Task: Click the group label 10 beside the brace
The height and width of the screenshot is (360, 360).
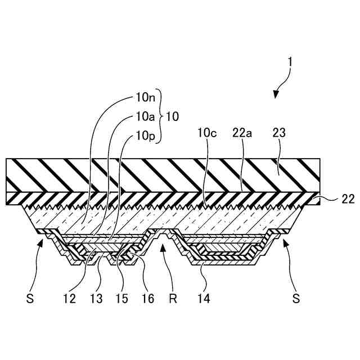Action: coord(173,116)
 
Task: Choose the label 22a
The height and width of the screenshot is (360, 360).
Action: coord(241,134)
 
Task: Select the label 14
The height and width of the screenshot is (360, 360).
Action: coord(204,299)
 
